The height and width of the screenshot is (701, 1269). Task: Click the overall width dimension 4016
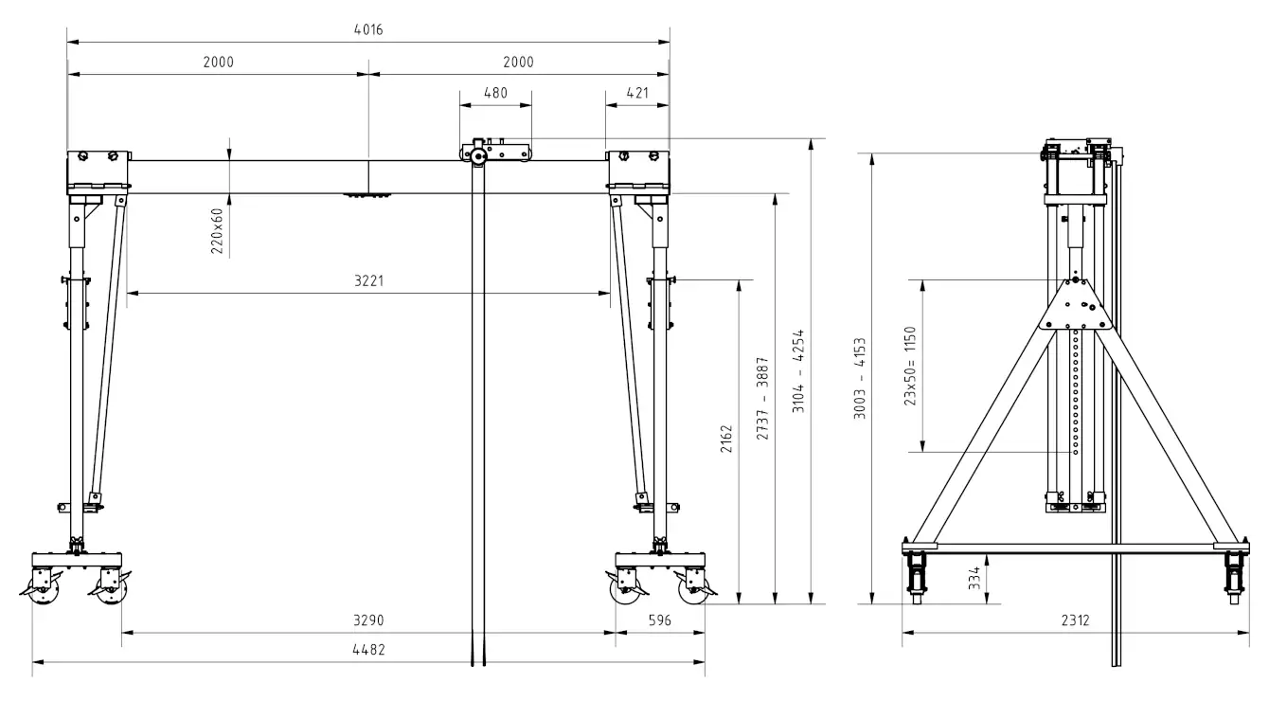pos(367,30)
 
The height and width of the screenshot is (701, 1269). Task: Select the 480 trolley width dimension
pos(495,93)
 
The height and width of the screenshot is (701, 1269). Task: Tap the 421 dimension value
pos(637,93)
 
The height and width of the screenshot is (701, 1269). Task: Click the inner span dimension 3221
pos(367,281)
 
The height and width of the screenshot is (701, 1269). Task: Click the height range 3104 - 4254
pos(798,371)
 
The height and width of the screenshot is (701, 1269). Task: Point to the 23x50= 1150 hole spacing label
pos(910,366)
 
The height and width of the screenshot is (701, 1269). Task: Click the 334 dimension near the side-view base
pos(974,577)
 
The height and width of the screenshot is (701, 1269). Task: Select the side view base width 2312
pos(1075,621)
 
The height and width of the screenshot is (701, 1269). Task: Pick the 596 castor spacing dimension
pos(659,621)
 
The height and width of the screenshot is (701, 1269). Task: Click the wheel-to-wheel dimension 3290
pos(367,621)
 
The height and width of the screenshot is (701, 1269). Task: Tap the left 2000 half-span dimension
pos(218,63)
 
